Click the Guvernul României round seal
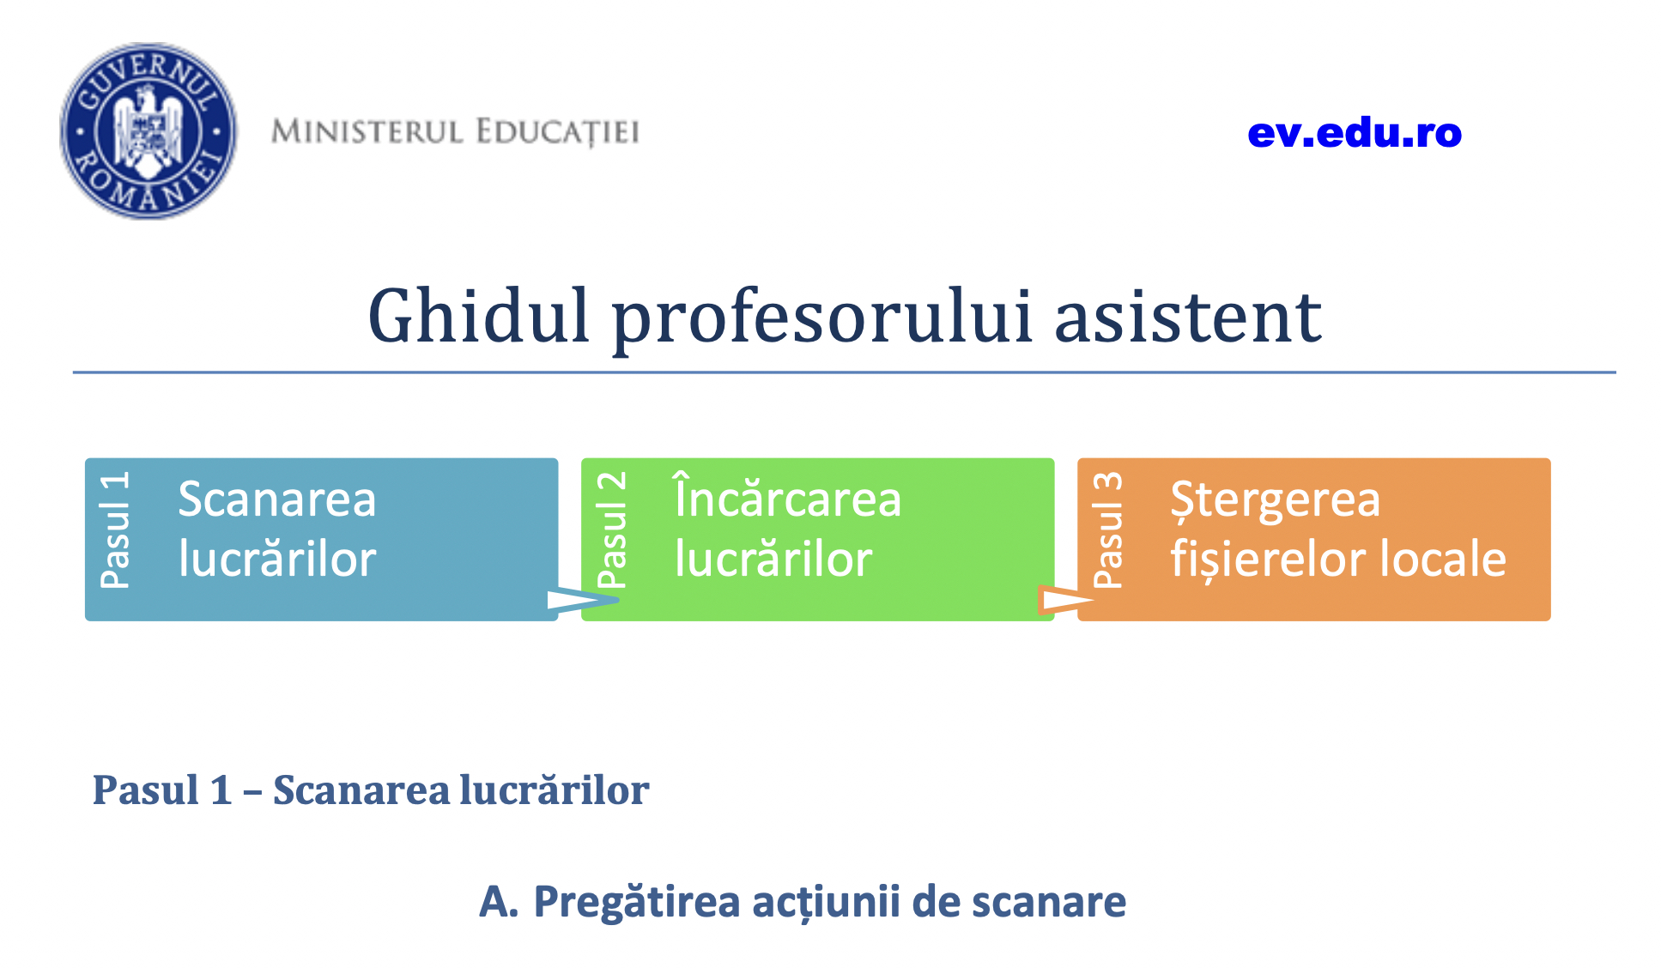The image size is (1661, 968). click(148, 131)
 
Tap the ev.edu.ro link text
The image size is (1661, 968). click(1355, 133)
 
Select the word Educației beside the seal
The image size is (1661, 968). click(558, 133)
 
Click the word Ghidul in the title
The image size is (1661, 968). click(479, 316)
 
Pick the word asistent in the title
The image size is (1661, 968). click(1188, 318)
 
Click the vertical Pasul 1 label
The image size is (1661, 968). click(115, 529)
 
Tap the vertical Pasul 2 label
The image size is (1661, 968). click(611, 529)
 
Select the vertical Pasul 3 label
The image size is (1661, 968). click(1107, 529)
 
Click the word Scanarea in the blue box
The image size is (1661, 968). click(277, 499)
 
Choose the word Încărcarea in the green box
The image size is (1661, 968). click(788, 496)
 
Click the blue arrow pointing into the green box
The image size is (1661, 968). click(583, 600)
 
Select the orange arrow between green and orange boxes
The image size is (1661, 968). click(1066, 600)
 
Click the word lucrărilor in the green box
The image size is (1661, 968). click(773, 560)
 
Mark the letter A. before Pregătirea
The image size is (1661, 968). click(499, 902)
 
